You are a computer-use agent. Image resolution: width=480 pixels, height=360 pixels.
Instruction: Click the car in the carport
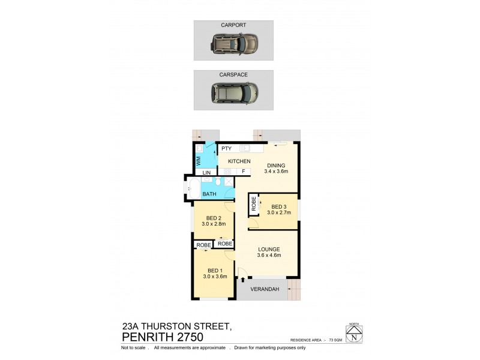click(x=234, y=43)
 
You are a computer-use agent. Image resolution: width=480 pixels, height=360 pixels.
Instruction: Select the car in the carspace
click(x=234, y=92)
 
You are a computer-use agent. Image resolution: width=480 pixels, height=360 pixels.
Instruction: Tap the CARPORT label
click(x=234, y=25)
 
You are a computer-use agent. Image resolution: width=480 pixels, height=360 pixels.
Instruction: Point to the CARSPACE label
click(x=234, y=75)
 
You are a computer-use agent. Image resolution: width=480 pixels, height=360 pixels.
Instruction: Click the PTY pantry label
click(x=226, y=148)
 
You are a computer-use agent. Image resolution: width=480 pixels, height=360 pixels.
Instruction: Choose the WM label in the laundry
click(x=199, y=161)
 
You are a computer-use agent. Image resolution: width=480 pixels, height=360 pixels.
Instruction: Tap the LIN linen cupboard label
click(x=206, y=172)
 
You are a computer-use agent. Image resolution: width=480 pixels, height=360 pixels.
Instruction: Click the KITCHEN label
click(x=239, y=161)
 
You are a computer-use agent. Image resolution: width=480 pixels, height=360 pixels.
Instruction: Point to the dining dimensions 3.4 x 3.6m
click(x=277, y=171)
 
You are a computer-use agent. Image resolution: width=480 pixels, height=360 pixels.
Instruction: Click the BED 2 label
click(x=214, y=218)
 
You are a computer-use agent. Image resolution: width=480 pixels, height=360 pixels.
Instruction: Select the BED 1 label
click(x=214, y=270)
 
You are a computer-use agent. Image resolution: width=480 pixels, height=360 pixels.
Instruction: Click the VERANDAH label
click(x=266, y=289)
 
